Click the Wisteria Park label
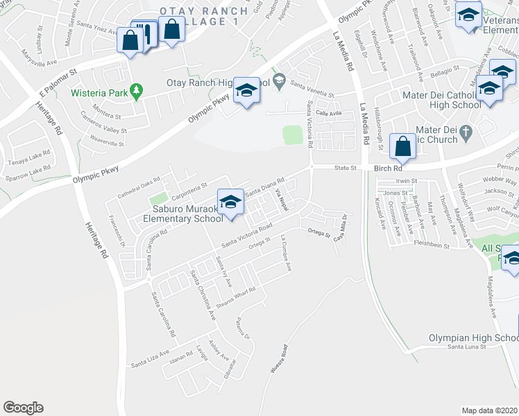pyautogui.click(x=100, y=92)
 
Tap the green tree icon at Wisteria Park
pyautogui.click(x=137, y=90)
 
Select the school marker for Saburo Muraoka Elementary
pyautogui.click(x=229, y=202)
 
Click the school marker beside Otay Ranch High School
pyautogui.click(x=246, y=91)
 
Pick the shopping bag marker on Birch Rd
pyautogui.click(x=402, y=146)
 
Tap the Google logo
pyautogui.click(x=24, y=408)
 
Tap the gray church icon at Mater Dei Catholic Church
pyautogui.click(x=465, y=131)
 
